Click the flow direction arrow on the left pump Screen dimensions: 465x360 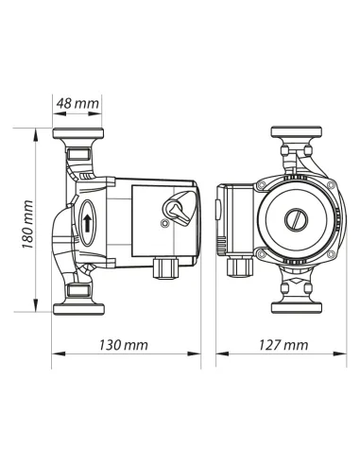86,224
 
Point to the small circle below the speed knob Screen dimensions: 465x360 164,225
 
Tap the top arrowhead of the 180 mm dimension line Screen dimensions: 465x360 38,131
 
